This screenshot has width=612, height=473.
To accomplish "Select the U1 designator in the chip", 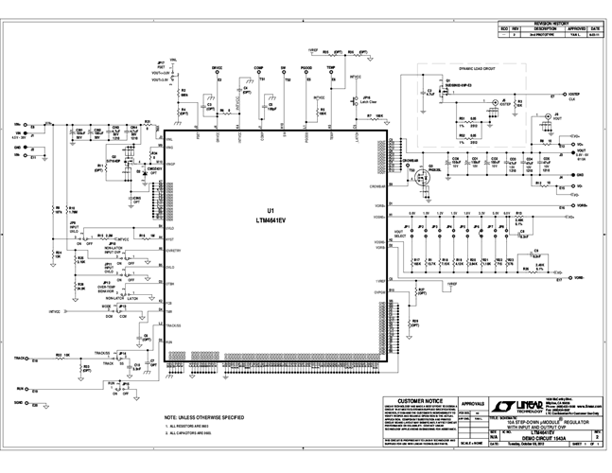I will point(271,209).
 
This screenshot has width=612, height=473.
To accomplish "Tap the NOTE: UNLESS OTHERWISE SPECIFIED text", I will point(205,417).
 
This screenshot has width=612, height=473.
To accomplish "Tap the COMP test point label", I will point(258,69).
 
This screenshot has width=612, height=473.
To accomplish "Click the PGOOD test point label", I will point(306,69).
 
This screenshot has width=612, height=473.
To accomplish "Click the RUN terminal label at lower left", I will point(20,388).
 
